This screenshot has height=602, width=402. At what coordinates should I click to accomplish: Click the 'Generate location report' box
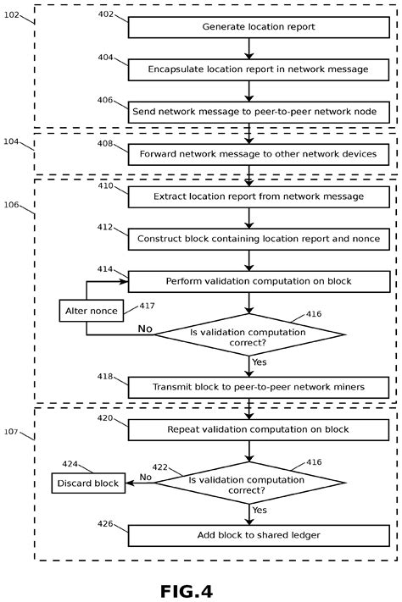259,27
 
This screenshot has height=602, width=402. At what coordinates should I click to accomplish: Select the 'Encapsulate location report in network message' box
259,69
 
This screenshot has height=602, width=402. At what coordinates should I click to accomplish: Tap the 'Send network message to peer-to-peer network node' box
259,111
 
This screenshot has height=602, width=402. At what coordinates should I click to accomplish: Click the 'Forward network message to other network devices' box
259,155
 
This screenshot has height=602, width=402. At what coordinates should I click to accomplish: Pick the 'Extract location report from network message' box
259,196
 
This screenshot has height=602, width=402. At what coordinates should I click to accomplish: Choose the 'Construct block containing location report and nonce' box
259,240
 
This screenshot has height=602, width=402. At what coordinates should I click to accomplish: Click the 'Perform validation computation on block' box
259,281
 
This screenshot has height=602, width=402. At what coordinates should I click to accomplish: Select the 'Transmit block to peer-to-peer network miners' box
259,387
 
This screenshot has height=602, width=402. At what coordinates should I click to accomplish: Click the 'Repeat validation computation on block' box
259,429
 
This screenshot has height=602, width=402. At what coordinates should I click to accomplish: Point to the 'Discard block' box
87,483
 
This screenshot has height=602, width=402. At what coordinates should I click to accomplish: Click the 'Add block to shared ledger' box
259,535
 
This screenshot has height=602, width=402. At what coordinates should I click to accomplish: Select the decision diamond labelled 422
249,484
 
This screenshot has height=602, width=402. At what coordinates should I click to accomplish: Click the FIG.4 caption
200,588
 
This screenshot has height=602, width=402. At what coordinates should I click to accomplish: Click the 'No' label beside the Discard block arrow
144,478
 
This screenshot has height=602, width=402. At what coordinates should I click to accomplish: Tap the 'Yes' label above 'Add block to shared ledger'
261,511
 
